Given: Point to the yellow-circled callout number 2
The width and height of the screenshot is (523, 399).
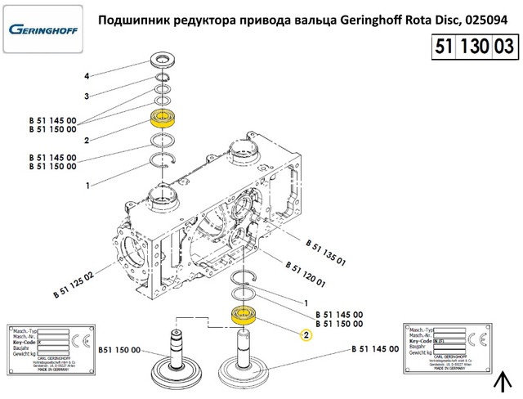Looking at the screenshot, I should point(306,334).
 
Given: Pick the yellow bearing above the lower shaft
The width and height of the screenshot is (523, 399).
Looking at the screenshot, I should point(244,314).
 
